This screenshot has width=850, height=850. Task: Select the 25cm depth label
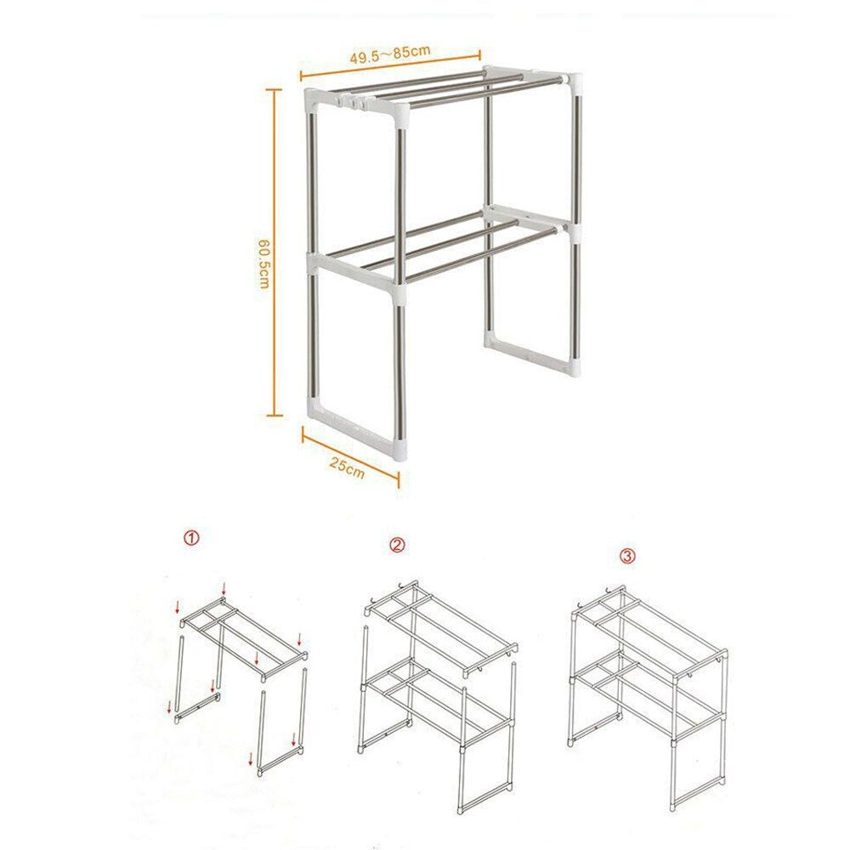(x=348, y=467)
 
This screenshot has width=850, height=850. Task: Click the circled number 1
(x=192, y=538)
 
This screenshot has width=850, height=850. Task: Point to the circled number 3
(x=627, y=556)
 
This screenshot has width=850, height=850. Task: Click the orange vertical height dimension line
(x=274, y=255)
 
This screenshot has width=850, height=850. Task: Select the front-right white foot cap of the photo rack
(x=399, y=445)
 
